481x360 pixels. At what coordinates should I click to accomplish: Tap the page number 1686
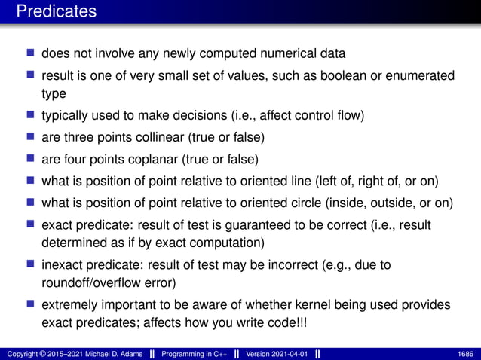tap(466, 354)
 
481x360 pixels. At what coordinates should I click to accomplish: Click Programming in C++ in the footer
tap(196, 354)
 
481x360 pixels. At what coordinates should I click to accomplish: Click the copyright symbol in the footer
tap(41, 354)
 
